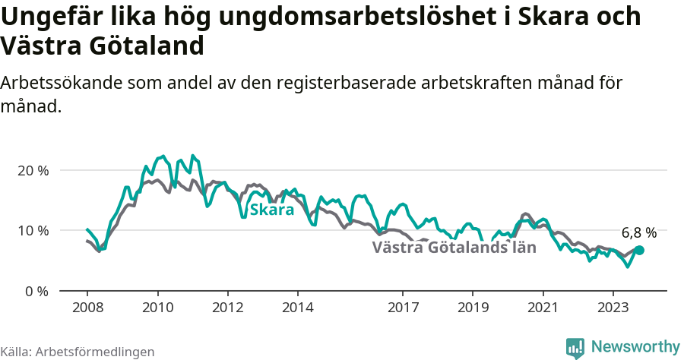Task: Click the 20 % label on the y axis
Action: tap(33, 170)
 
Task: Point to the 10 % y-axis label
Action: tap(33, 230)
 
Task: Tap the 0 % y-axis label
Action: tap(36, 291)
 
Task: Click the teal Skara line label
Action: tap(271, 210)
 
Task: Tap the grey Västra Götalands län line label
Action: tap(454, 248)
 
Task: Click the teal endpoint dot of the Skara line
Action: tap(639, 250)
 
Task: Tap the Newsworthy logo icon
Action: tap(575, 347)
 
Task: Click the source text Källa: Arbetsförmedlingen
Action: tap(78, 352)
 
